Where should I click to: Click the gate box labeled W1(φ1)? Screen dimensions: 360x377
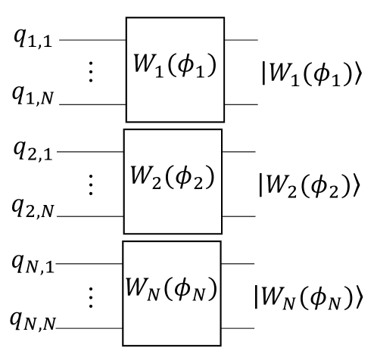point(175,70)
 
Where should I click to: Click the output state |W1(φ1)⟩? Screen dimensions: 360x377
point(314,72)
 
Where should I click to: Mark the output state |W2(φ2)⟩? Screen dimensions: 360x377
point(314,184)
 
